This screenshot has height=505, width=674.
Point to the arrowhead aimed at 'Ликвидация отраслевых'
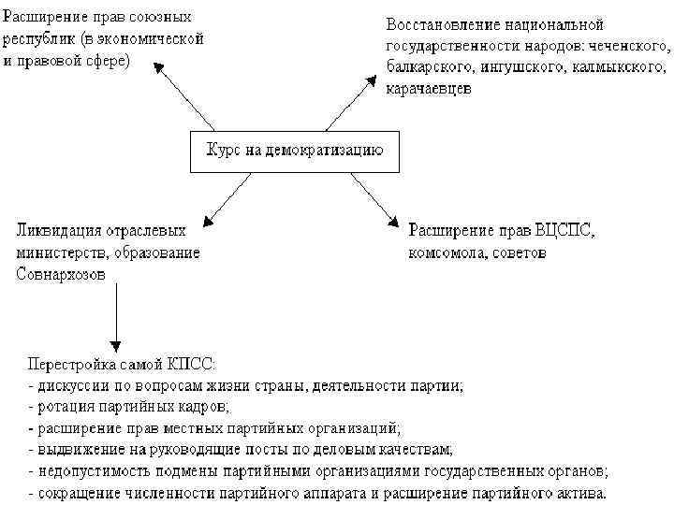pyautogui.click(x=206, y=218)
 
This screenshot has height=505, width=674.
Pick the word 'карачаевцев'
pyautogui.click(x=428, y=90)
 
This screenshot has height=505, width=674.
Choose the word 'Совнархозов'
pyautogui.click(x=60, y=274)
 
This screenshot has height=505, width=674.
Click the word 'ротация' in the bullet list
pyautogui.click(x=63, y=407)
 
